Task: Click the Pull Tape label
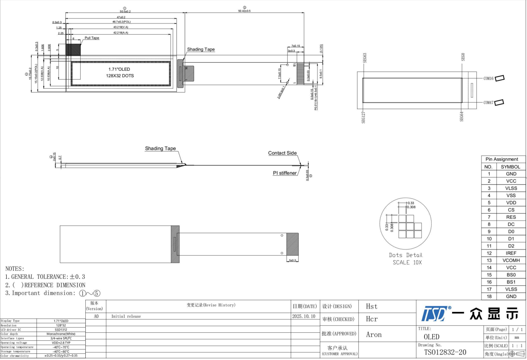tap(92, 38)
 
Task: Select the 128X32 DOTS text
tap(119, 76)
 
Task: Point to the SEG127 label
tap(363, 118)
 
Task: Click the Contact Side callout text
tap(282, 153)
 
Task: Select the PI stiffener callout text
tap(285, 173)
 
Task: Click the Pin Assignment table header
tap(501, 159)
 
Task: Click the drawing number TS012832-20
tap(445, 352)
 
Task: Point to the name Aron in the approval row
tap(374, 334)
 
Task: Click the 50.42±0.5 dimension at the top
tap(244, 11)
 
